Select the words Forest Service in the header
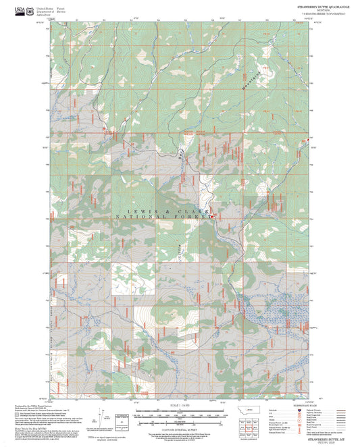click(61, 11)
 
